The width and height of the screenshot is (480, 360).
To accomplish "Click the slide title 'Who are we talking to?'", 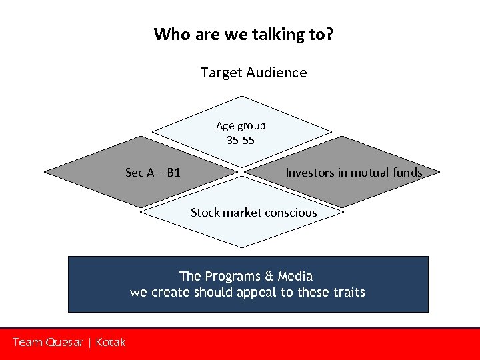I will pyautogui.click(x=243, y=34).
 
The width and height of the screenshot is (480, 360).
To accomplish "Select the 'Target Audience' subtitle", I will pyautogui.click(x=253, y=73).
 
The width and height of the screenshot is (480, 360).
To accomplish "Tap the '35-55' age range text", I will pyautogui.click(x=240, y=141).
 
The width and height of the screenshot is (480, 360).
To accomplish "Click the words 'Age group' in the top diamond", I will pyautogui.click(x=241, y=125).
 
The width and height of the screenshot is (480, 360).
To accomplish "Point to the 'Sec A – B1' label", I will pyautogui.click(x=153, y=173).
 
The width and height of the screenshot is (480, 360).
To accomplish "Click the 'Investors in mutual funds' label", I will pyautogui.click(x=353, y=173).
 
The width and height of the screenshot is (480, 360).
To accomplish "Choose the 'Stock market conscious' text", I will pyautogui.click(x=253, y=213).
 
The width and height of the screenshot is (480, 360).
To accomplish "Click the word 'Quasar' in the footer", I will pyautogui.click(x=64, y=342).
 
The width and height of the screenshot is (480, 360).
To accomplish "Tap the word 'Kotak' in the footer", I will pyautogui.click(x=110, y=342).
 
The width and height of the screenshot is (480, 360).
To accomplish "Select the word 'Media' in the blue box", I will pyautogui.click(x=295, y=276).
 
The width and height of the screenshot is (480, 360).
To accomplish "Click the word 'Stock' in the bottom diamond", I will pyautogui.click(x=205, y=213).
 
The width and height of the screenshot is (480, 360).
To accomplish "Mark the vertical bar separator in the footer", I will pyautogui.click(x=89, y=342).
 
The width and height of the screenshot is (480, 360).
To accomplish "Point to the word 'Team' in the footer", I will pyautogui.click(x=27, y=342).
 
